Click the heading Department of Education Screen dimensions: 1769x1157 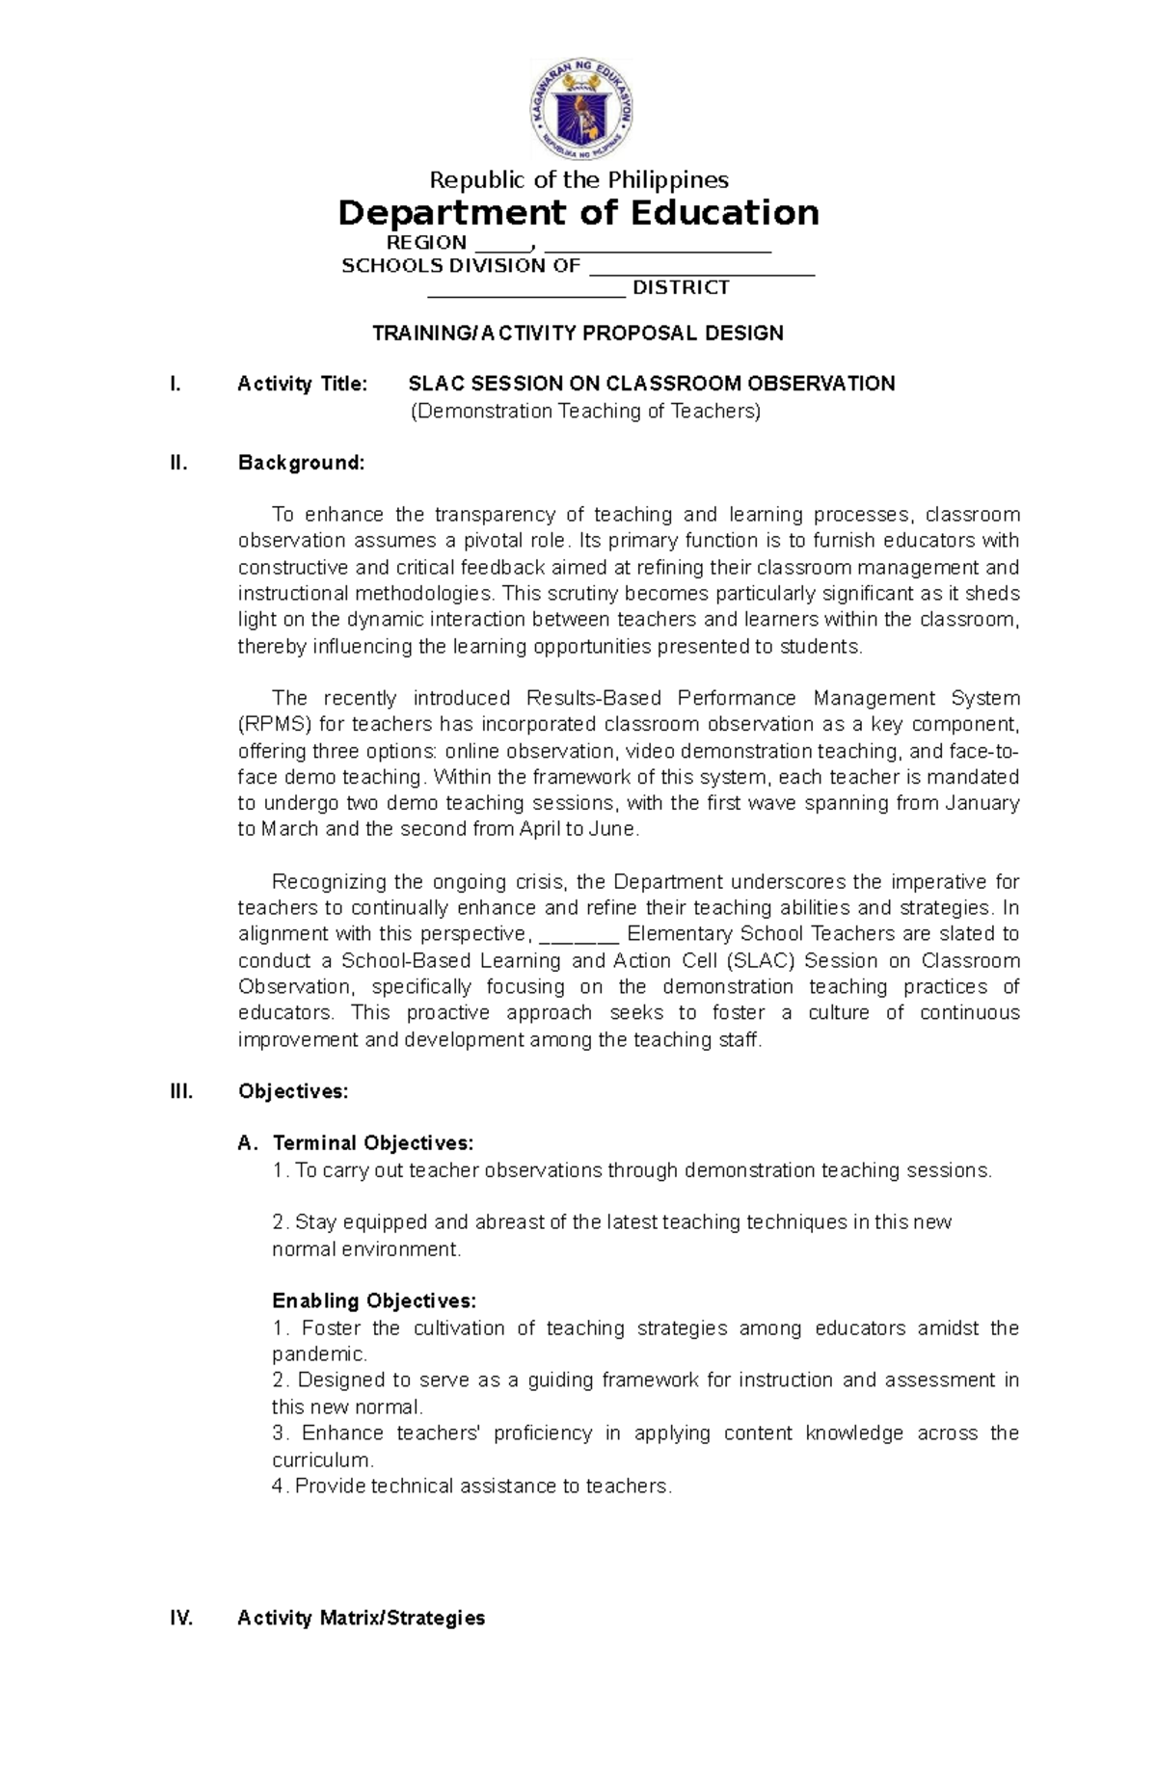pyautogui.click(x=578, y=212)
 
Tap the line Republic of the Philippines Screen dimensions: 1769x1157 pyautogui.click(x=578, y=179)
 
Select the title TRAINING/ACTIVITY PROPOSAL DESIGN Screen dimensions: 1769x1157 pyautogui.click(x=578, y=334)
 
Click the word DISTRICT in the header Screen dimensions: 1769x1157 pyautogui.click(x=680, y=287)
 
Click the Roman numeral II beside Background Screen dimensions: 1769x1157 pyautogui.click(x=177, y=463)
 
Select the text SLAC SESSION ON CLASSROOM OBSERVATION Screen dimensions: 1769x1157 pyautogui.click(x=652, y=384)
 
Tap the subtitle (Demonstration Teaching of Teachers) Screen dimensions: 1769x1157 pyautogui.click(x=585, y=412)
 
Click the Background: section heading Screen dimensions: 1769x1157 pyautogui.click(x=301, y=463)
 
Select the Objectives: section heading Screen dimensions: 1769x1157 pyautogui.click(x=292, y=1091)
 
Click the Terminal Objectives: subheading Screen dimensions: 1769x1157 pyautogui.click(x=373, y=1143)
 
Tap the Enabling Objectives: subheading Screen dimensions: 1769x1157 pyautogui.click(x=373, y=1300)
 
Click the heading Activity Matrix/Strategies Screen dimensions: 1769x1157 pyautogui.click(x=361, y=1618)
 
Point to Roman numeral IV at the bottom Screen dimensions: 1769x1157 pyautogui.click(x=181, y=1618)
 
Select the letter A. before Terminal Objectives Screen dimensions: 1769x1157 pyautogui.click(x=248, y=1143)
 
